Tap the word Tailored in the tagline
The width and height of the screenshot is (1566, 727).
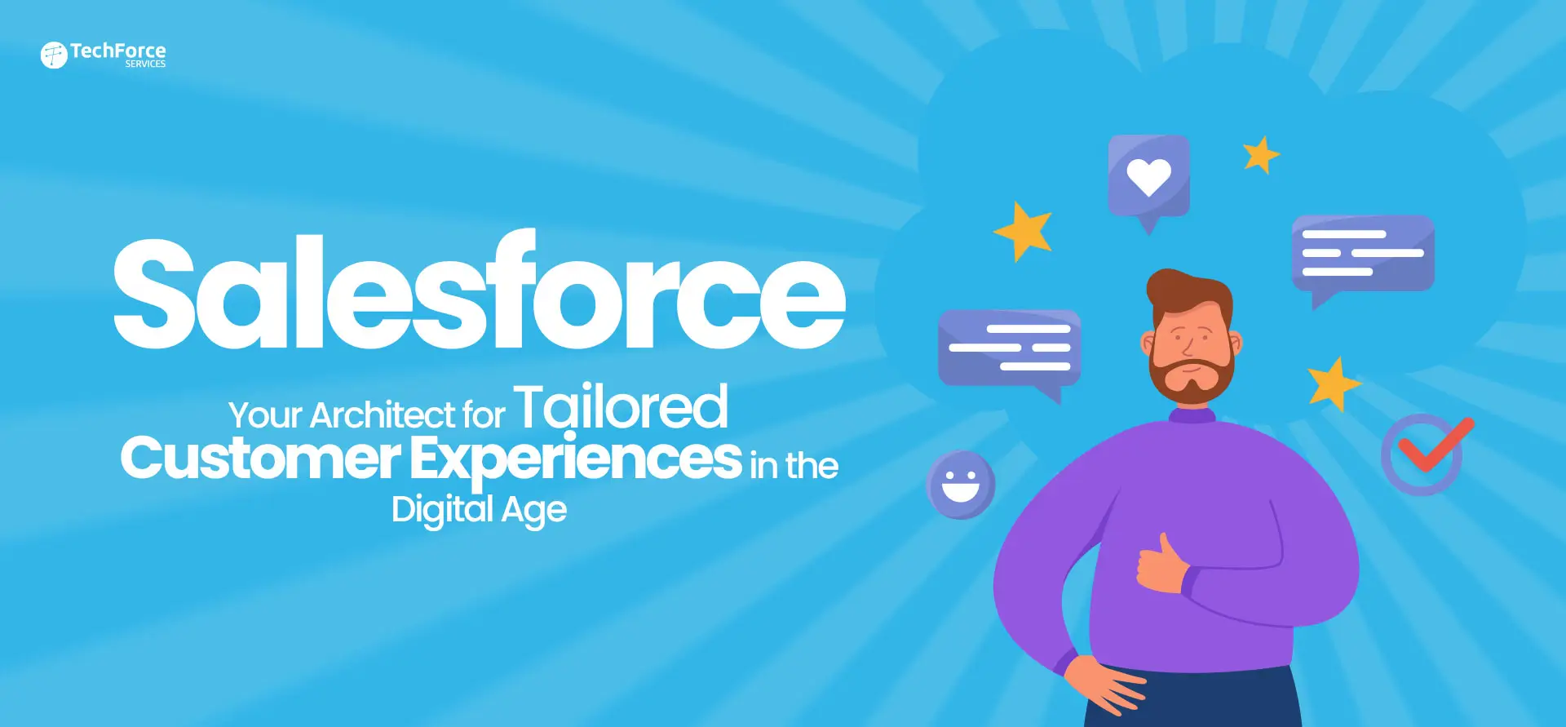(621, 406)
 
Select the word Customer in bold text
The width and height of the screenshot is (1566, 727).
(260, 459)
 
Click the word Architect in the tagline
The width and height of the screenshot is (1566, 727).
(383, 415)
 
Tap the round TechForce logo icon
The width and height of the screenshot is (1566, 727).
(54, 55)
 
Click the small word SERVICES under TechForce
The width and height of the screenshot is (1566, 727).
(145, 64)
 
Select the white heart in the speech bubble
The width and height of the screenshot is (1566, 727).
(1149, 176)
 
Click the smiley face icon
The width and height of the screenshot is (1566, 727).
(961, 485)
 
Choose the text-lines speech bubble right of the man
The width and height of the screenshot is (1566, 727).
(1363, 256)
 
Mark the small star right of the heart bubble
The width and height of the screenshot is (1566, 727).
(1261, 154)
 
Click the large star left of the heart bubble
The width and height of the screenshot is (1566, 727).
(1024, 231)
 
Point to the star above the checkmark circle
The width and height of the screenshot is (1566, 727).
(1334, 383)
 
